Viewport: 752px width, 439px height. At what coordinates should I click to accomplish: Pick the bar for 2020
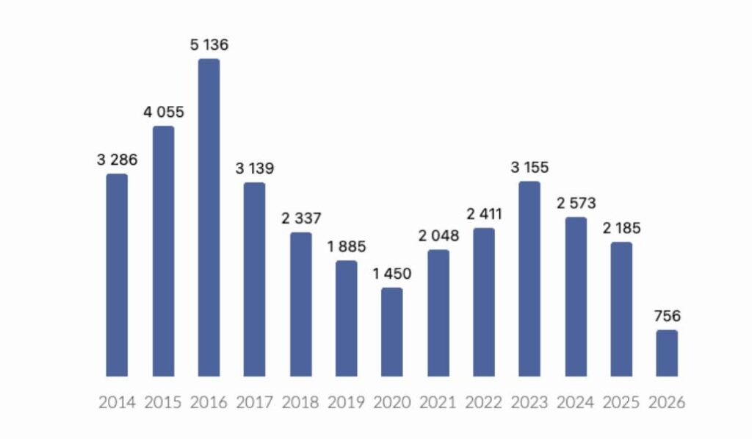click(392, 332)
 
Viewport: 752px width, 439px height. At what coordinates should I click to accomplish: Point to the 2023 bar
click(529, 279)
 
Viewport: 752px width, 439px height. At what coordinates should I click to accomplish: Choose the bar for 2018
click(300, 304)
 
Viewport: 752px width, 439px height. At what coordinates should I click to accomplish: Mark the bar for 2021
click(438, 313)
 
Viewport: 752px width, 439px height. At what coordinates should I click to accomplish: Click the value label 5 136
click(209, 45)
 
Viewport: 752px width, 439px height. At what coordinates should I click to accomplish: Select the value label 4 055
click(164, 113)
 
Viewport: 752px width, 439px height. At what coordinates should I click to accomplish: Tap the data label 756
click(667, 316)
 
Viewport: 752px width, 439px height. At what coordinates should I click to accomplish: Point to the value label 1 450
click(392, 274)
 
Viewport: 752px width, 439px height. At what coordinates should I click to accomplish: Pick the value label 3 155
click(529, 168)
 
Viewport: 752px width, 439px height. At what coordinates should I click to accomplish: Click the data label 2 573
click(576, 203)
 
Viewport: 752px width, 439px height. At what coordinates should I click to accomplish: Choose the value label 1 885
click(347, 246)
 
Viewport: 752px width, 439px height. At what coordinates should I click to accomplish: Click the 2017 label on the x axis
click(255, 402)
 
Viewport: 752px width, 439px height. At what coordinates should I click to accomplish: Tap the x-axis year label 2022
click(484, 402)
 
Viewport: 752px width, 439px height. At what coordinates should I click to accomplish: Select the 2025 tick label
click(621, 402)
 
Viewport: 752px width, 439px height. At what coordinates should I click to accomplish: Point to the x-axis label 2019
click(347, 402)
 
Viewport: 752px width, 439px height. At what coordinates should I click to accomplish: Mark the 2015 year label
click(163, 402)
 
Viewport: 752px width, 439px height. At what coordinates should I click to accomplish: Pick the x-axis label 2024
click(576, 402)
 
